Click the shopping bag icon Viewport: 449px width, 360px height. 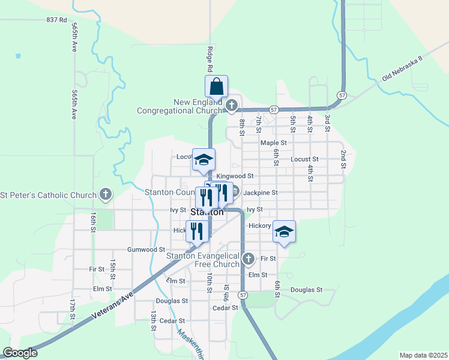tap(216, 86)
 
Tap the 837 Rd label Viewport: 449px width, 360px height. tap(56, 20)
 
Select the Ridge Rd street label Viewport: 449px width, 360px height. tap(211, 58)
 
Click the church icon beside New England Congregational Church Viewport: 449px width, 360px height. tap(232, 106)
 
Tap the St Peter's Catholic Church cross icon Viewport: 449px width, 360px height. tap(106, 194)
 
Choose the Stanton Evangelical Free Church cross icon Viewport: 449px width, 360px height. tap(249, 259)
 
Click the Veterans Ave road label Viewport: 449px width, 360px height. tap(112, 305)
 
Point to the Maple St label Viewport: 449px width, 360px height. tap(273, 143)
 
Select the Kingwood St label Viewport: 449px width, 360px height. tap(235, 176)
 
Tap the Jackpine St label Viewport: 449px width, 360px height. tap(260, 193)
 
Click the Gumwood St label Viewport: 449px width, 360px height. tap(146, 249)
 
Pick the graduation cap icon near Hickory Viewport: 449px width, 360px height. tap(284, 232)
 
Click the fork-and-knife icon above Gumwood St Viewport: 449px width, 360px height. tap(196, 231)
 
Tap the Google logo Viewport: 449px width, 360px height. tap(20, 353)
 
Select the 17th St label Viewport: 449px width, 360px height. tap(71, 308)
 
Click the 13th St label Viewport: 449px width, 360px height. tap(153, 320)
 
